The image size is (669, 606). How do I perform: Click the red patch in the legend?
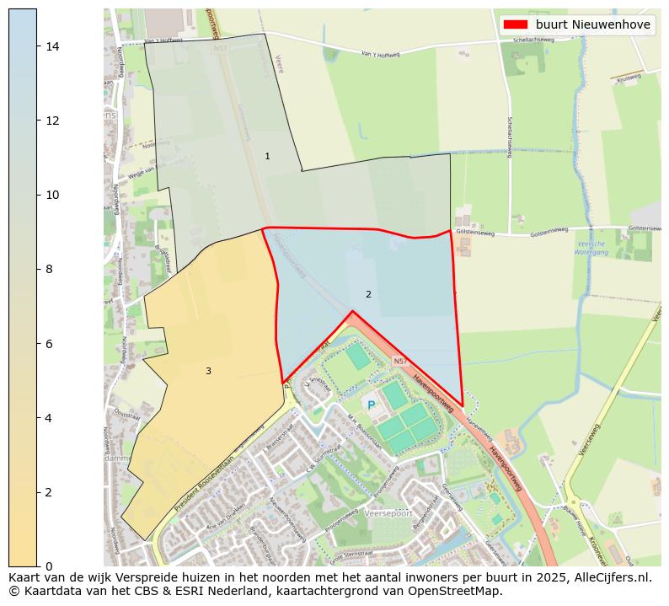click(x=517, y=24)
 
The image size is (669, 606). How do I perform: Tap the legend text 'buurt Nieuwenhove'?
click(x=592, y=24)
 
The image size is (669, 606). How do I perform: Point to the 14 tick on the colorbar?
click(x=52, y=46)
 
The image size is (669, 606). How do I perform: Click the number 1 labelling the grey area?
click(x=267, y=156)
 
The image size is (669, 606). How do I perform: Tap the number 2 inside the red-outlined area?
click(x=368, y=294)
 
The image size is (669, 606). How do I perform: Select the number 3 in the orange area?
click(x=208, y=371)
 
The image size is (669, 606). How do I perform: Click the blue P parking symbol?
click(x=371, y=405)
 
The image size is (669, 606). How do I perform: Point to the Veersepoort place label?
click(x=390, y=512)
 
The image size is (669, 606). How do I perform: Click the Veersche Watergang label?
click(x=591, y=248)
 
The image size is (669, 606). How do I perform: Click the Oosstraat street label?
click(x=126, y=415)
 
